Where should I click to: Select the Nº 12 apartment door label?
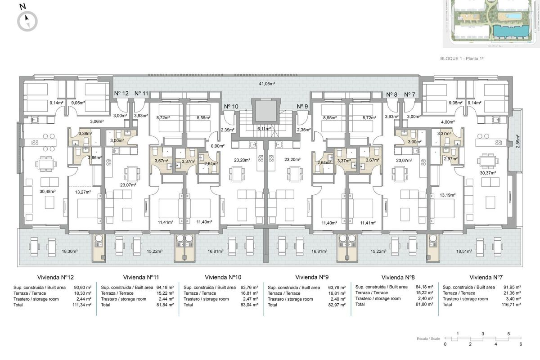pyautogui.click(x=121, y=94)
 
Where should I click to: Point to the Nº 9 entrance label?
pyautogui.click(x=302, y=107)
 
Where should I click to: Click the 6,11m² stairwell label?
pyautogui.click(x=263, y=128)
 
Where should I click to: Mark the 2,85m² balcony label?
pyautogui.click(x=518, y=140)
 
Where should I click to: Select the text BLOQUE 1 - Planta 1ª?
pyautogui.click(x=464, y=58)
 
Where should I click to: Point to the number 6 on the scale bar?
pyautogui.click(x=520, y=344)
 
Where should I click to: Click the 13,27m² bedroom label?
pyautogui.click(x=82, y=192)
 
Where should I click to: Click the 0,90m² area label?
pyautogui.click(x=218, y=145)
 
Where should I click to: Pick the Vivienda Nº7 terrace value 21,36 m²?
pyautogui.click(x=512, y=293)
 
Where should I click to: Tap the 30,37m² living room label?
pyautogui.click(x=487, y=173)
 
